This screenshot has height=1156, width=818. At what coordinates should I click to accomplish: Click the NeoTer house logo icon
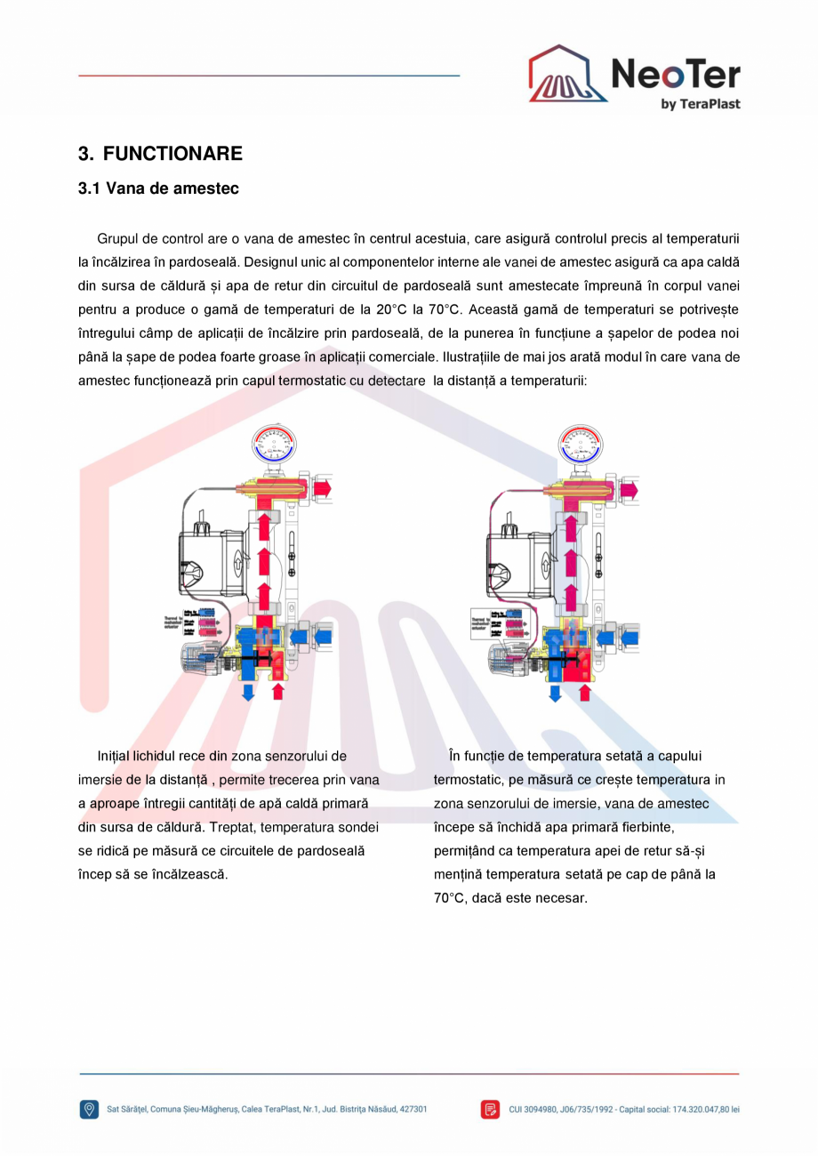pos(567,76)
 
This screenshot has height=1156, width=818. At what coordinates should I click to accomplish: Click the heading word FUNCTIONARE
pos(172,154)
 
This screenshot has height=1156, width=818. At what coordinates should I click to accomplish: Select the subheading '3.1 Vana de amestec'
pos(158,189)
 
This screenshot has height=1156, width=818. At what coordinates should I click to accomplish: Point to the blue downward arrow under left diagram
pos(248,691)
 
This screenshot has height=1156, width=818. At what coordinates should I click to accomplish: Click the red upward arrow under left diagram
pos(278,691)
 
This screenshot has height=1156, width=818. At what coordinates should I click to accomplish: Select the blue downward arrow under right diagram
pos(555,692)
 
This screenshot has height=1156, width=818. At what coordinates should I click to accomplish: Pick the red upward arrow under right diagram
pos(584,692)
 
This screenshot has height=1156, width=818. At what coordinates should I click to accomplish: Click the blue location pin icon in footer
pos(90,1109)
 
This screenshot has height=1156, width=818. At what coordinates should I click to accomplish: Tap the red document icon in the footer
pos(490,1109)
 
